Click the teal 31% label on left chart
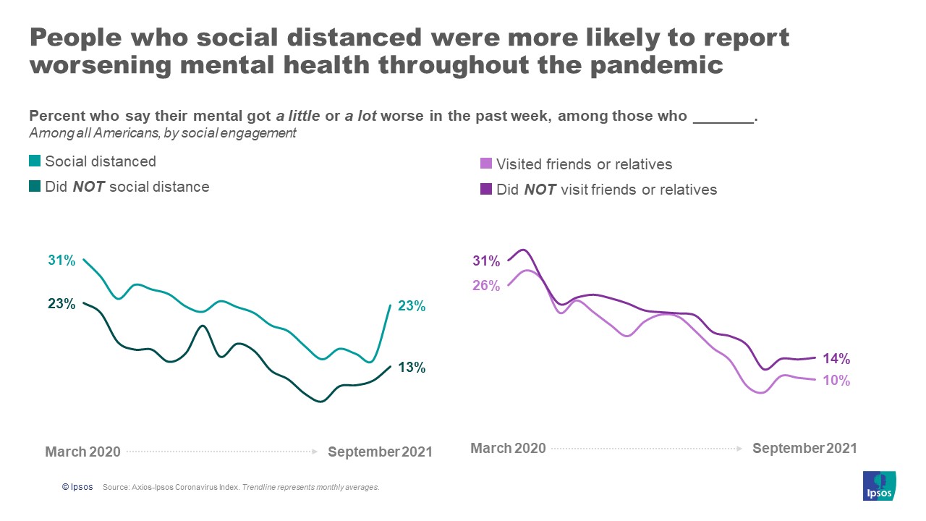(x=61, y=260)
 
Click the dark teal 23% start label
(x=61, y=304)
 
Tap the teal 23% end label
(x=411, y=306)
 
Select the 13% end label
(x=411, y=368)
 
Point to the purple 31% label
(x=486, y=261)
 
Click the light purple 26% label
(x=486, y=286)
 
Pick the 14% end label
(x=836, y=359)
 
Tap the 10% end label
(x=836, y=381)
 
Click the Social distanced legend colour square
(x=35, y=162)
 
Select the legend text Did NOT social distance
(x=127, y=187)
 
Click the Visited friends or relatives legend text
(x=584, y=164)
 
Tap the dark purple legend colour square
(x=486, y=190)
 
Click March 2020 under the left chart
(x=82, y=452)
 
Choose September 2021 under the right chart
(x=804, y=449)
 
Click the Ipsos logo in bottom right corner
(x=880, y=486)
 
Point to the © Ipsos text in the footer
(x=77, y=488)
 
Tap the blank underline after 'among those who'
(x=723, y=117)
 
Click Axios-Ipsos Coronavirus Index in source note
(x=182, y=488)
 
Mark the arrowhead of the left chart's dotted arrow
(x=315, y=452)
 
